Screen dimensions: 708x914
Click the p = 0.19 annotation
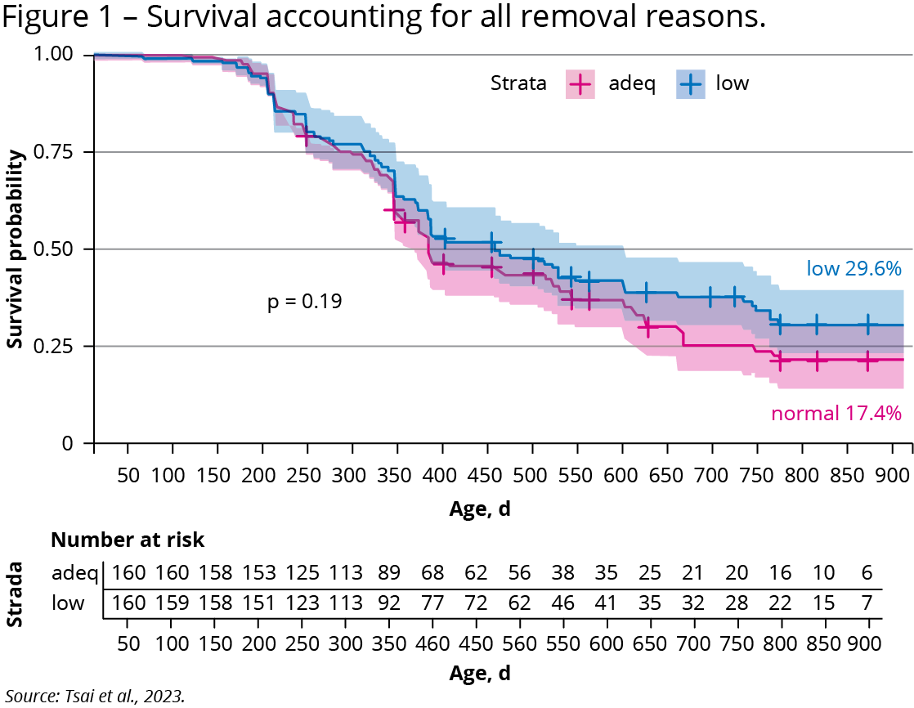(x=304, y=302)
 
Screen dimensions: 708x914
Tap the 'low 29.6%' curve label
(x=854, y=268)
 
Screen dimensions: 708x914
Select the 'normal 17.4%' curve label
(x=836, y=414)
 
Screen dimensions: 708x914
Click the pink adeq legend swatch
(x=580, y=83)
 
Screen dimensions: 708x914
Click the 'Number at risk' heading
(x=128, y=540)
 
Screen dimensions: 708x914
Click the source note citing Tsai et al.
(x=95, y=697)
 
